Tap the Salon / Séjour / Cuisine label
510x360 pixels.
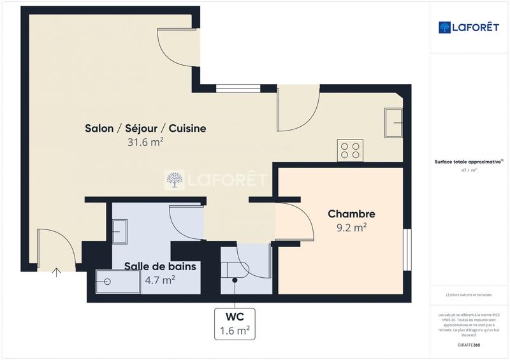[x=145, y=128]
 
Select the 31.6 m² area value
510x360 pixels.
[x=145, y=143]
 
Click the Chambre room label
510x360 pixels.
[x=351, y=214]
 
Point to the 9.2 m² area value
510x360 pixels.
[x=351, y=227]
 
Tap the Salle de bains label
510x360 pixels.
[x=159, y=266]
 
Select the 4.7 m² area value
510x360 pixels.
[x=159, y=279]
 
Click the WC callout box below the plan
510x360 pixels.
[x=235, y=324]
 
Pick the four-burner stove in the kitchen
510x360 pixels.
[x=350, y=150]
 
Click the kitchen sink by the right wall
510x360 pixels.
[x=393, y=122]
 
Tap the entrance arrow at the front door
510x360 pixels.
[x=56, y=273]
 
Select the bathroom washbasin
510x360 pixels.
[x=120, y=231]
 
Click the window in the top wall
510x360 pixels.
[x=238, y=89]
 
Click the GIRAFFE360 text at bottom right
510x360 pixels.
[x=469, y=344]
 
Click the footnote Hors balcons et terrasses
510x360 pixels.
[x=469, y=294]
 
